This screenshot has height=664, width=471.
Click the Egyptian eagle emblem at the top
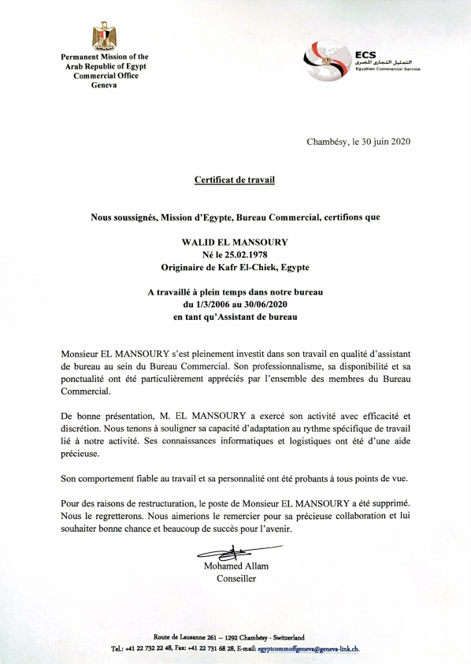(104, 36)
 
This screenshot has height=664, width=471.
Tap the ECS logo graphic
(327, 57)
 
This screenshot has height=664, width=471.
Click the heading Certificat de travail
(235, 180)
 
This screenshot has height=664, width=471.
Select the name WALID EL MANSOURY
(235, 241)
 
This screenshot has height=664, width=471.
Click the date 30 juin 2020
(380, 142)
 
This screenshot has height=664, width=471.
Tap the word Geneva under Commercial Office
(104, 85)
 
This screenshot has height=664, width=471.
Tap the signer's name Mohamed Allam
(235, 566)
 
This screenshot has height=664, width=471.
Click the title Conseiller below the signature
(235, 579)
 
